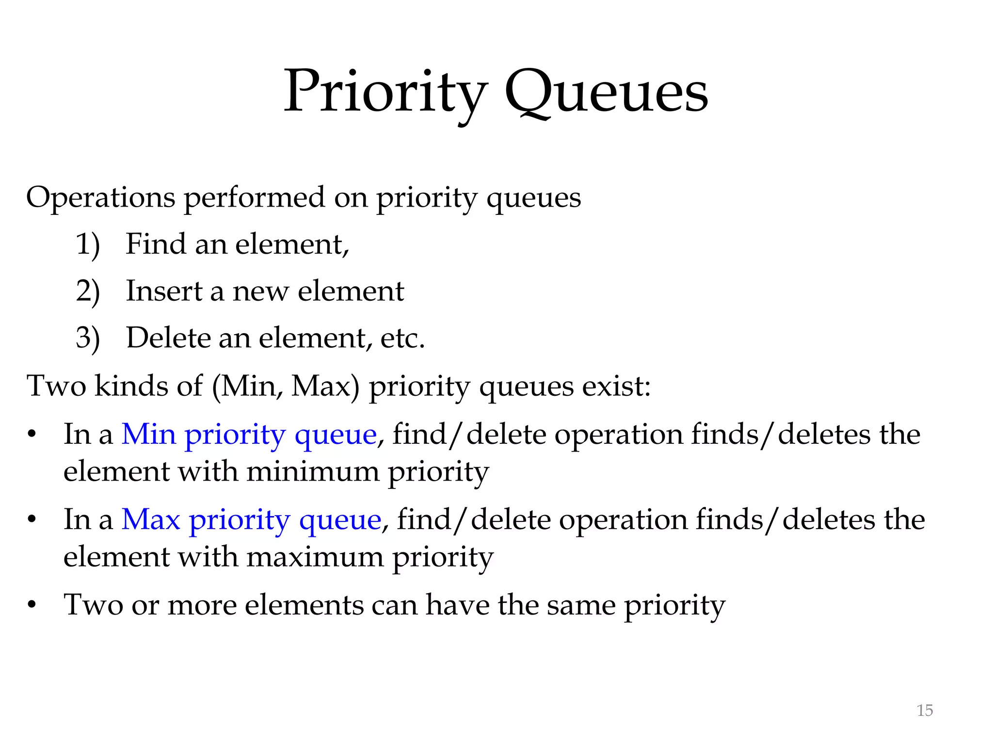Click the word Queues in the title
pyautogui.click(x=606, y=92)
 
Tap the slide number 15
pyautogui.click(x=925, y=710)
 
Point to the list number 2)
pyautogui.click(x=88, y=291)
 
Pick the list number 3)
pyautogui.click(x=88, y=338)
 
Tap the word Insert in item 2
pyautogui.click(x=164, y=291)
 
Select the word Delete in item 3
pyautogui.click(x=168, y=338)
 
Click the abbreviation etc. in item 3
pyautogui.click(x=402, y=338)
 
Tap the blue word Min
pyautogui.click(x=148, y=434)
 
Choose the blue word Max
pyautogui.click(x=151, y=519)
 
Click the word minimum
pyautogui.click(x=313, y=471)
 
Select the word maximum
pyautogui.click(x=315, y=557)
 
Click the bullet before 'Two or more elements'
pyautogui.click(x=32, y=605)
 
